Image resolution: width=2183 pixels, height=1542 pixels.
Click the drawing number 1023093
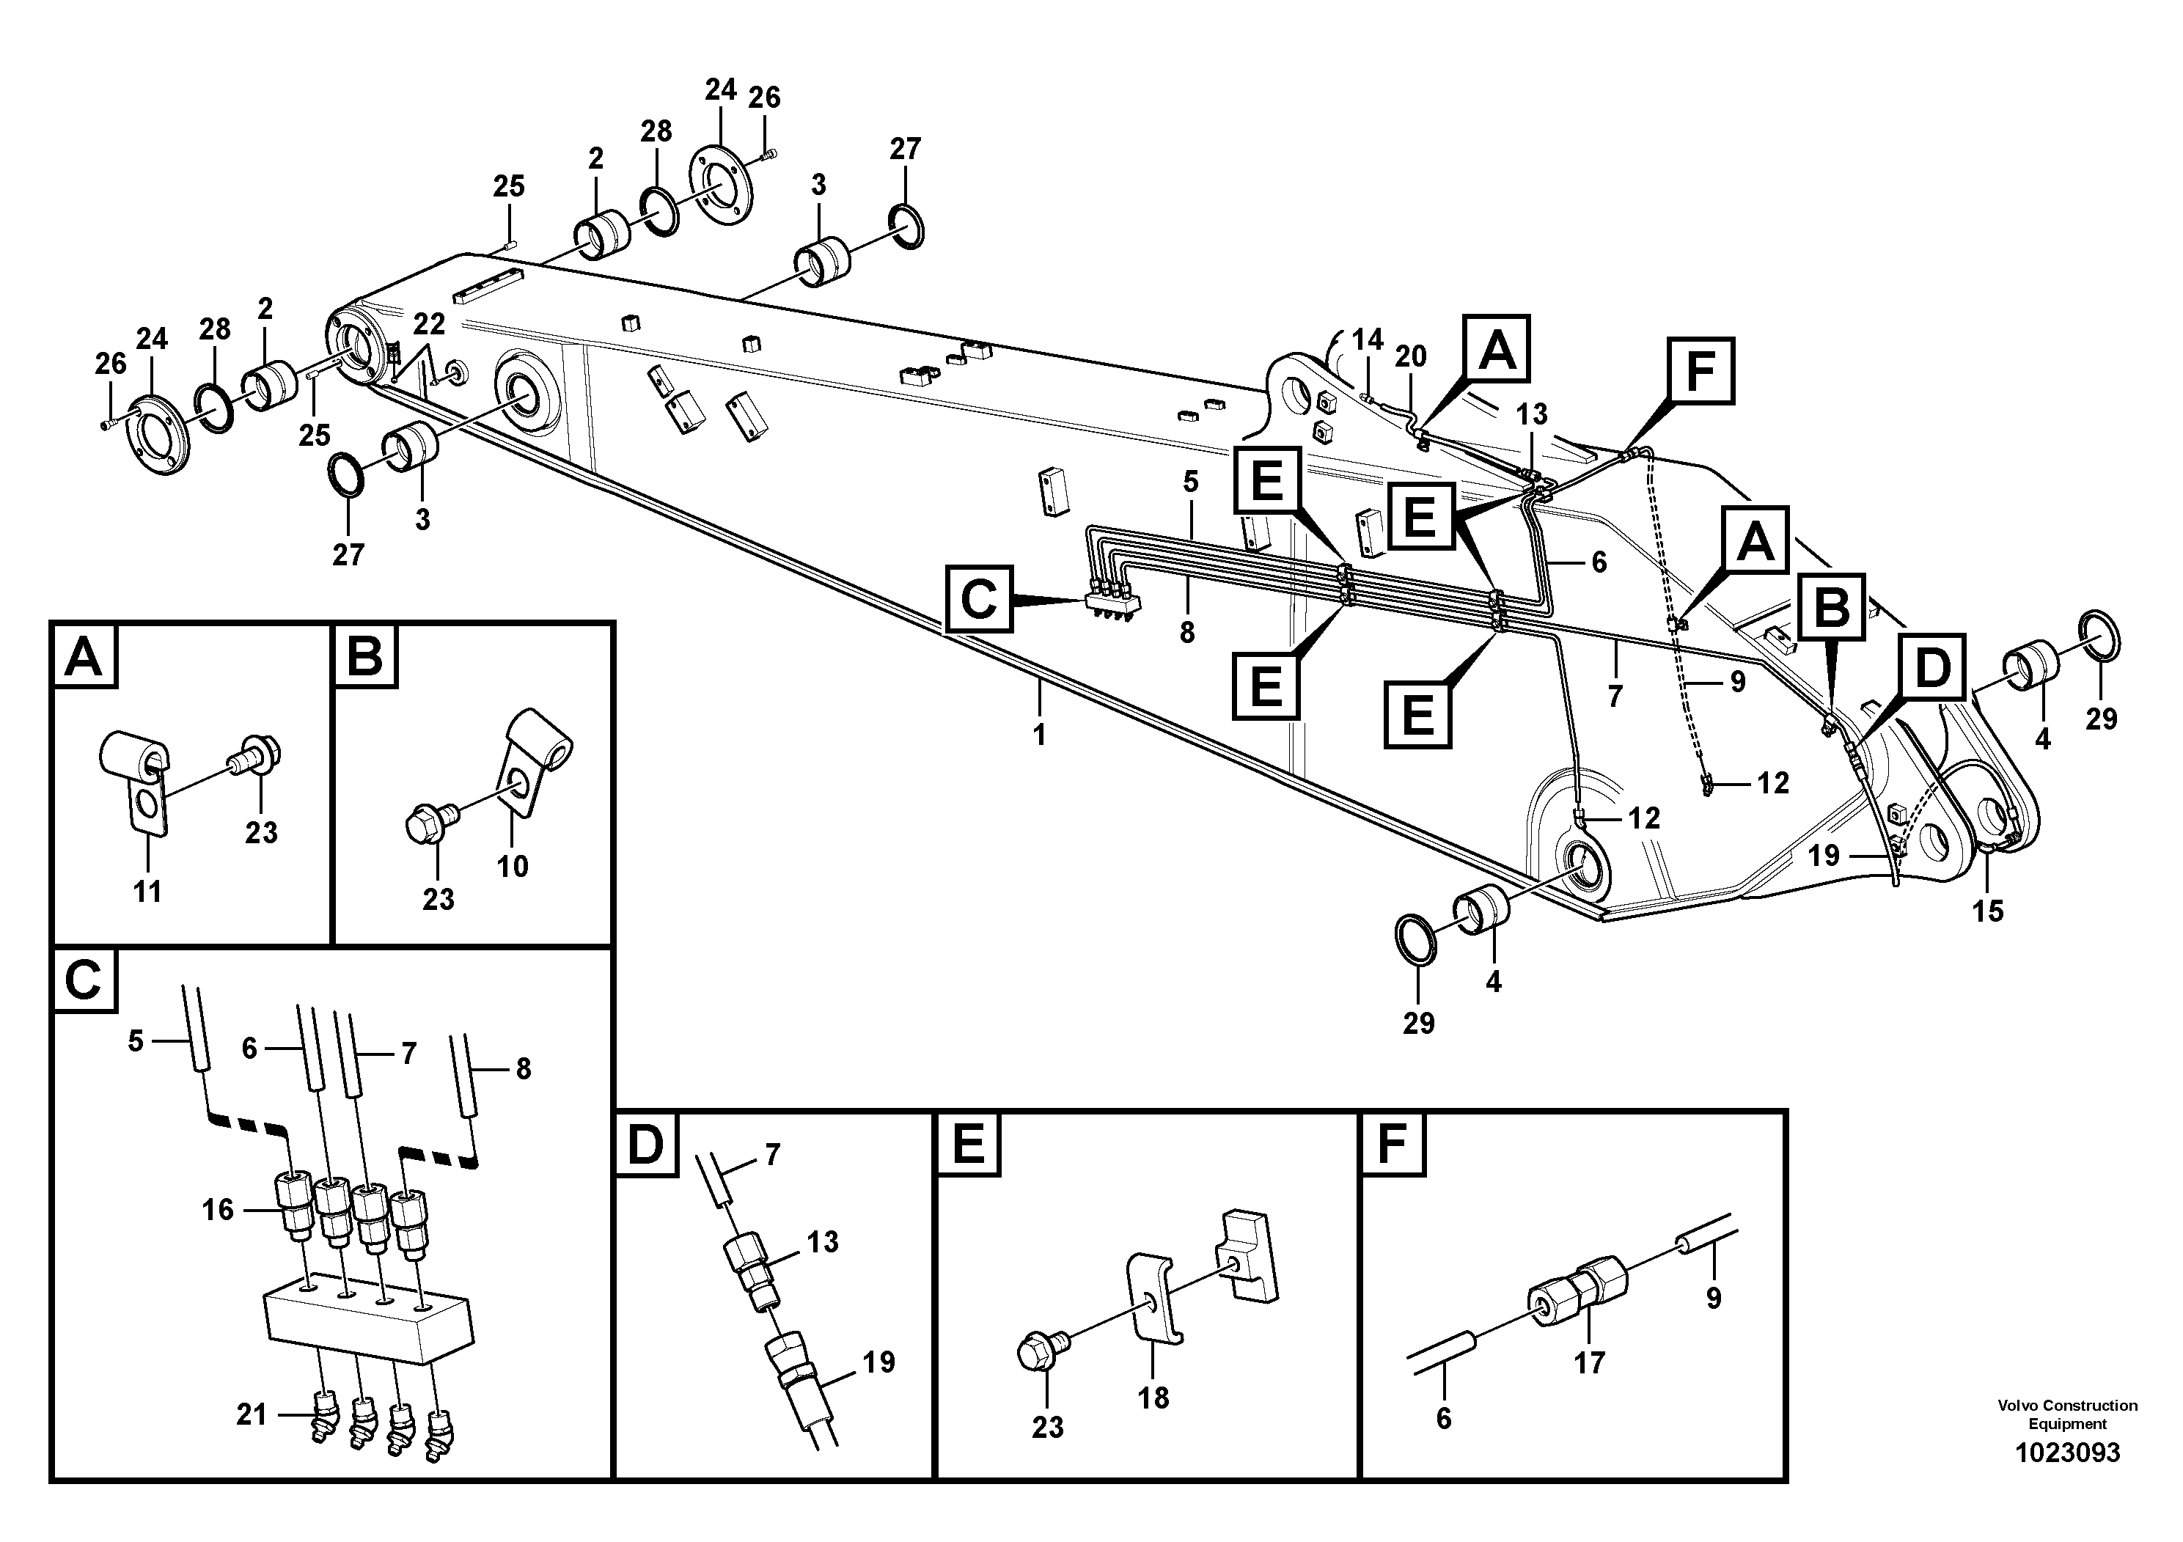2067,1453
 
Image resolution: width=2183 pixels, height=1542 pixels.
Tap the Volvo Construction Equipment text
2067,1414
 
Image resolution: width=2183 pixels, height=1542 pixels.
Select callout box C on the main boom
978,599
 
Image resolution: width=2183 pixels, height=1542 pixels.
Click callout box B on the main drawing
1832,606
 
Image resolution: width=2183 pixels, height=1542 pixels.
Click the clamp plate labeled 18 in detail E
1154,1299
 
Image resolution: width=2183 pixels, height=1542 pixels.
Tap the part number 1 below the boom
1039,735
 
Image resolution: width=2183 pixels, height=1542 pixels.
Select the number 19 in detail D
878,1362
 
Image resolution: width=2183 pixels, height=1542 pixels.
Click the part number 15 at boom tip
1987,911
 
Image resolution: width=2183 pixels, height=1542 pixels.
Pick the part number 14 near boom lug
1368,339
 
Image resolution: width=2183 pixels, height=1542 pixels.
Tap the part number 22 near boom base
429,324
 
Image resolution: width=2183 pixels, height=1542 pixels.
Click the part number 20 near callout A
1411,356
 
